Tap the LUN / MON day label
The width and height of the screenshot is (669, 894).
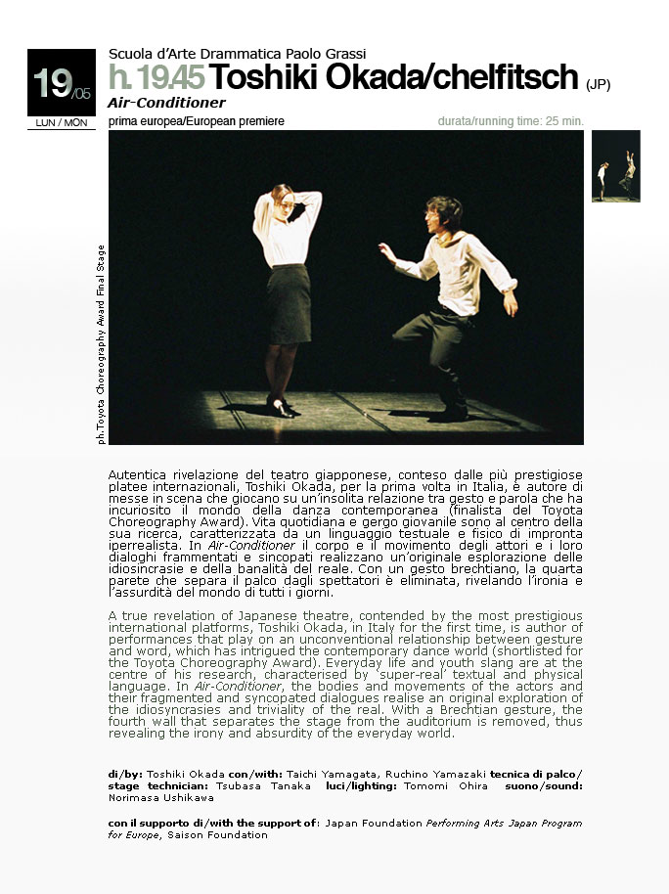(61, 122)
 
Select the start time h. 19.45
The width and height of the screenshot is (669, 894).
(156, 78)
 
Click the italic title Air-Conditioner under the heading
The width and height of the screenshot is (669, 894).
(166, 103)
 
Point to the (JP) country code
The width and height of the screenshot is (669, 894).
(598, 84)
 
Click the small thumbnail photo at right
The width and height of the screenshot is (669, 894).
(615, 166)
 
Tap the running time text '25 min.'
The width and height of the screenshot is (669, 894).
(561, 121)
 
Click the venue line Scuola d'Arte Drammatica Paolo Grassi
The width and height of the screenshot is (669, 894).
(238, 54)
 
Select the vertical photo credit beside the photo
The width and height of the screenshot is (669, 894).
(102, 344)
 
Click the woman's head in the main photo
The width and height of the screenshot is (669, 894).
(282, 200)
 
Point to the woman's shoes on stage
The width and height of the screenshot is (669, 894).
(280, 406)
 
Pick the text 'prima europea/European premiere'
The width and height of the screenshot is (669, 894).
(197, 121)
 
